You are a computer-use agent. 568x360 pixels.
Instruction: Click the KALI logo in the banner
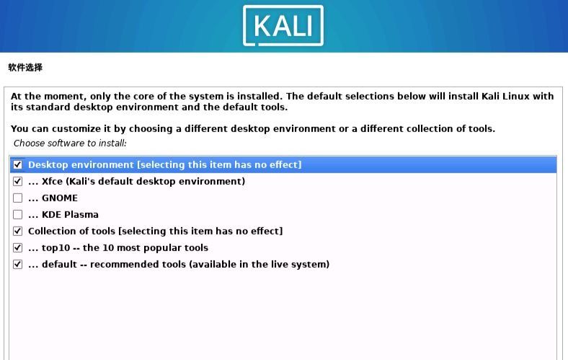tap(283, 25)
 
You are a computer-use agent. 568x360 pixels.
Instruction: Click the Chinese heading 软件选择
tap(25, 68)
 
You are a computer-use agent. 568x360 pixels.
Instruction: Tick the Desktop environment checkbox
tap(18, 165)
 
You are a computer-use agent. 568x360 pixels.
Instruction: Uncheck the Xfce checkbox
tap(18, 182)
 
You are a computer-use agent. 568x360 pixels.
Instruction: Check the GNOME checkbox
tap(18, 198)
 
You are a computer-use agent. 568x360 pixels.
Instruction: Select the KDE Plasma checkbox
tap(18, 215)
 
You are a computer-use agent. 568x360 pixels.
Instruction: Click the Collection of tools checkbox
tap(18, 232)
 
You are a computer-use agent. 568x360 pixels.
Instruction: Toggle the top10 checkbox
tap(18, 248)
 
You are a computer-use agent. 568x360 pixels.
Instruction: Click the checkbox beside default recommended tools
tap(18, 265)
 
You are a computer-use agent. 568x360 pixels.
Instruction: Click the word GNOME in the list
tap(60, 198)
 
